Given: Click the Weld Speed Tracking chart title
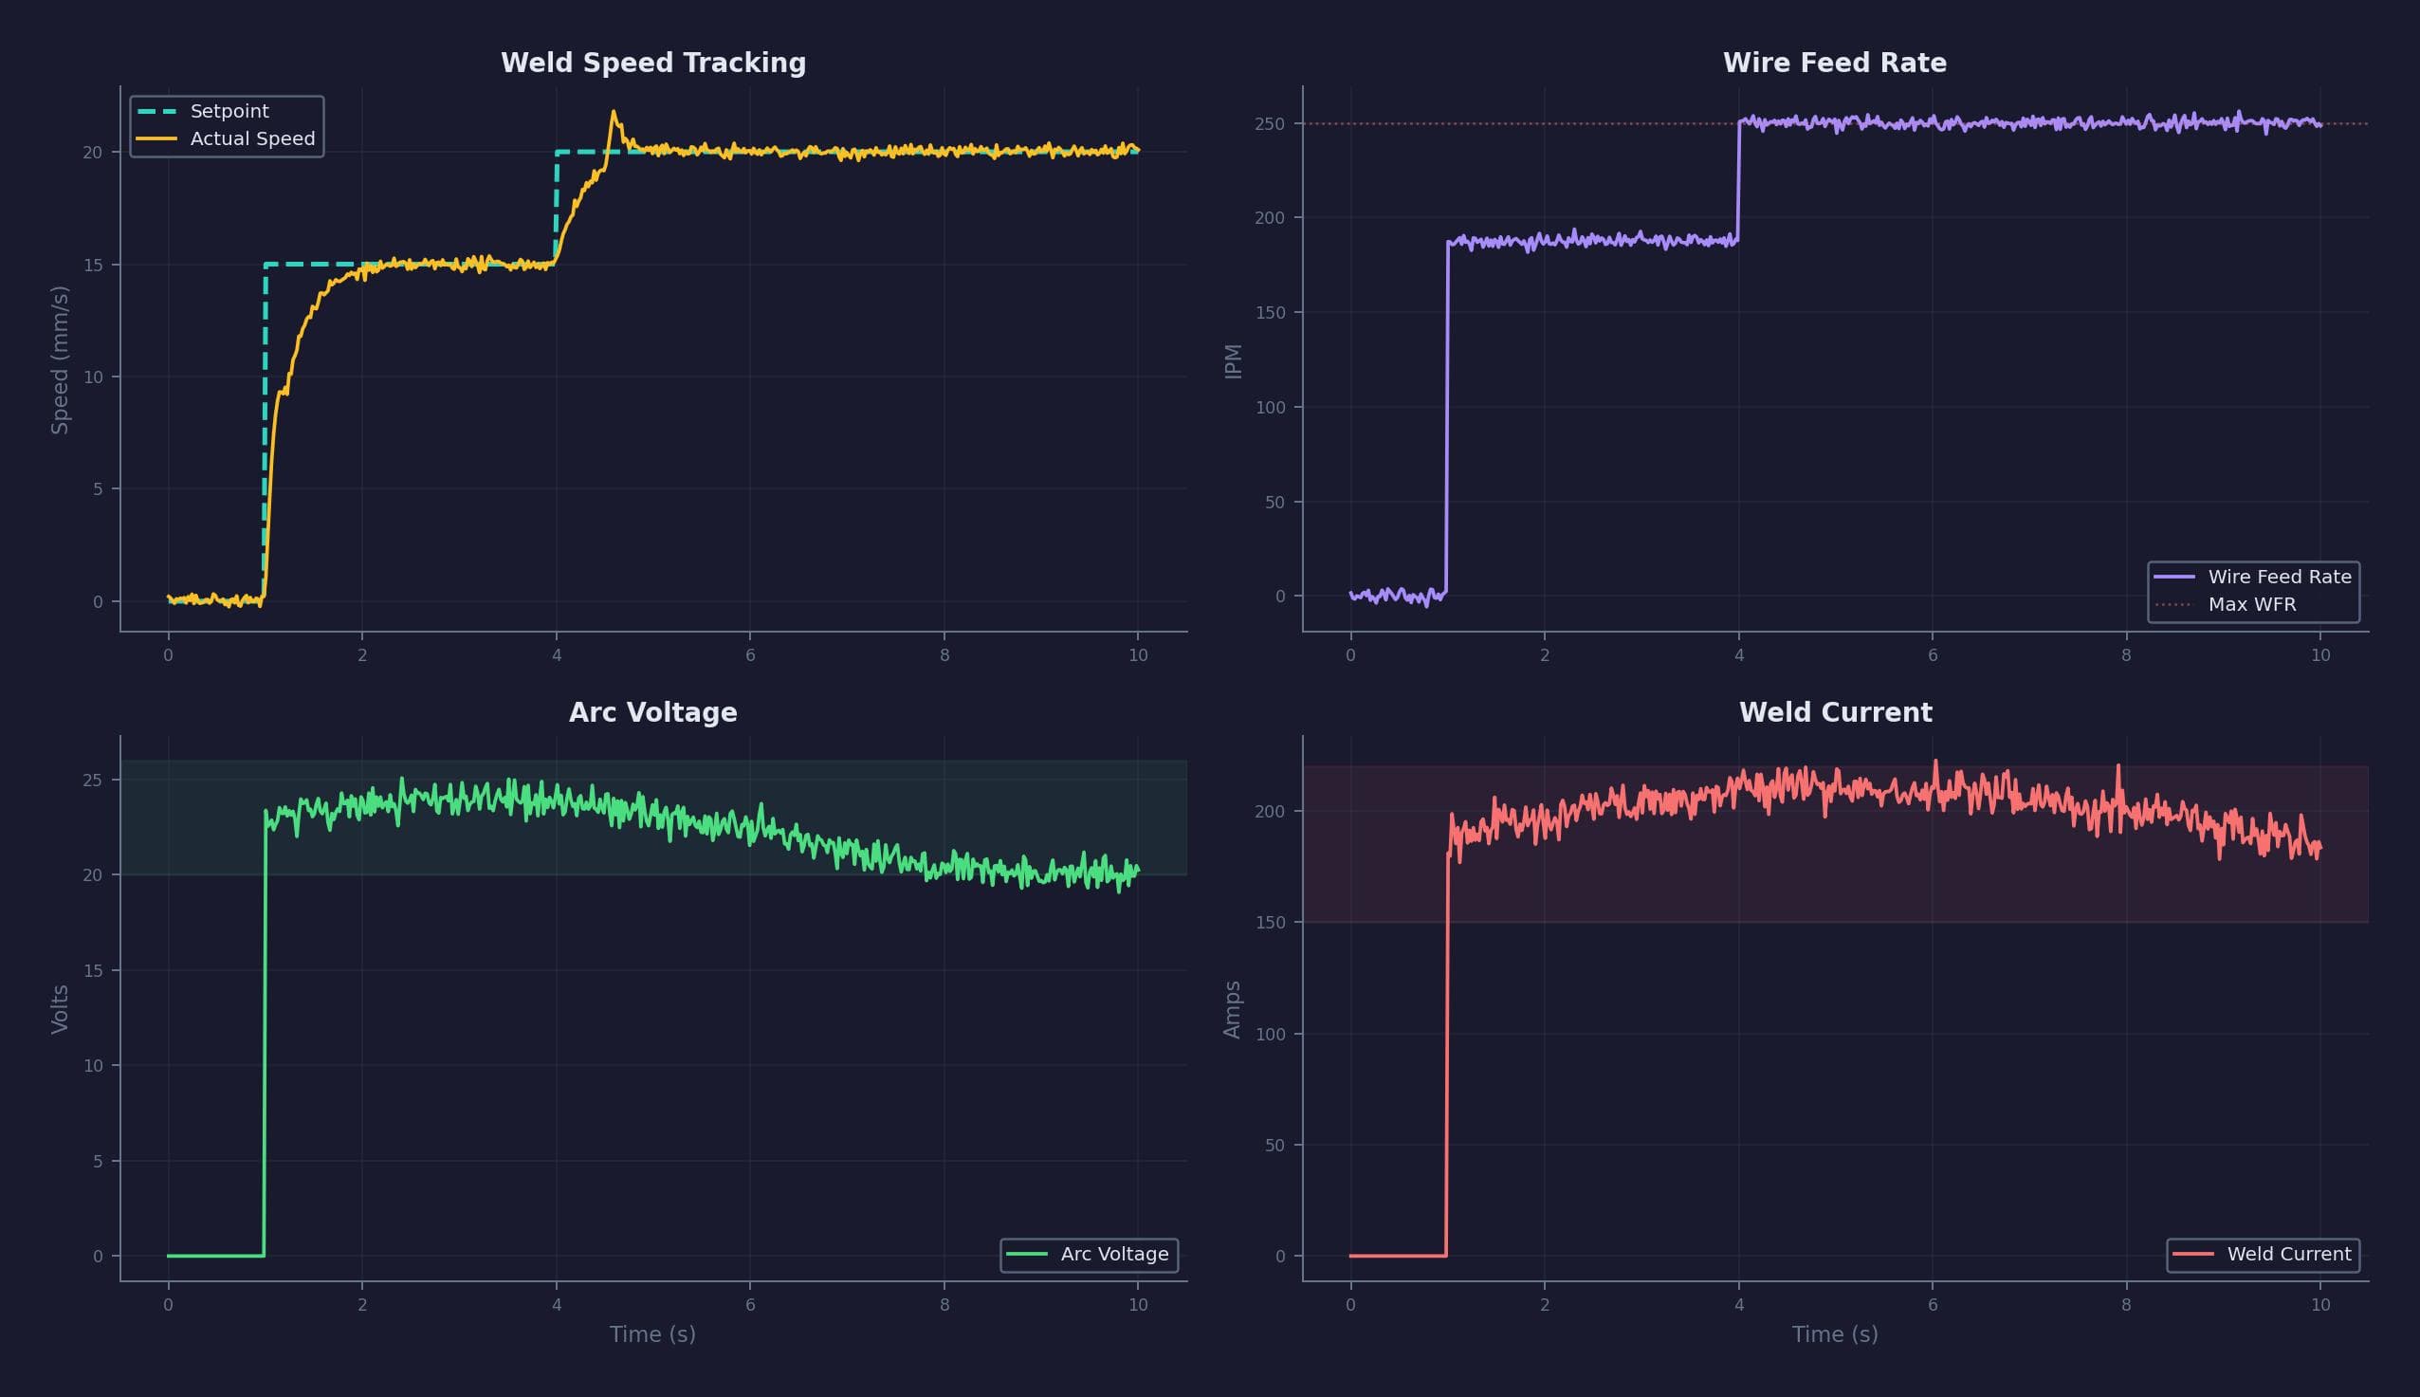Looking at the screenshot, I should click(x=653, y=64).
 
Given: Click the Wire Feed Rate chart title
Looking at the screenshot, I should click(x=1834, y=64).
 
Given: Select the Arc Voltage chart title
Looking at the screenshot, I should click(x=653, y=713).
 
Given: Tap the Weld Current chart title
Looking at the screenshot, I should click(x=1835, y=713).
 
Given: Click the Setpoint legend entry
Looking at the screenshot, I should click(x=229, y=111).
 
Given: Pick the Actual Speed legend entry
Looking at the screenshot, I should click(x=251, y=139).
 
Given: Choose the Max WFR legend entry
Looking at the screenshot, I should click(x=2251, y=604).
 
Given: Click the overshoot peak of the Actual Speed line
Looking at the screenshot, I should click(x=614, y=113).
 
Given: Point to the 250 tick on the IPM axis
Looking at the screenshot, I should click(x=1269, y=124).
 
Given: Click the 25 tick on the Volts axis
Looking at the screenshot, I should click(x=92, y=780).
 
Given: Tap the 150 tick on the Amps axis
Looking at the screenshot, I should click(x=1269, y=922).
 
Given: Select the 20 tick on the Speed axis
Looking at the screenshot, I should click(x=92, y=153).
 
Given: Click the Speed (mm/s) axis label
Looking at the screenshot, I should click(x=60, y=359).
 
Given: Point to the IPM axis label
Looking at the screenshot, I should click(x=1234, y=360).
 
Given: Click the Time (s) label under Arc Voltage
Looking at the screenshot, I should click(x=652, y=1333).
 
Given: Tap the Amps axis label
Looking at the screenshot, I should click(x=1233, y=1009).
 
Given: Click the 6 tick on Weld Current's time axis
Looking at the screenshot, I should click(x=1932, y=1305).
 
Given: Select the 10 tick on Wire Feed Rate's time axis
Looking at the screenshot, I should click(x=2319, y=655).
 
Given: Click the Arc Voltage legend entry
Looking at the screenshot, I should click(x=1113, y=1254).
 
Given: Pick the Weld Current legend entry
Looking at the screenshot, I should click(x=2287, y=1254).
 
